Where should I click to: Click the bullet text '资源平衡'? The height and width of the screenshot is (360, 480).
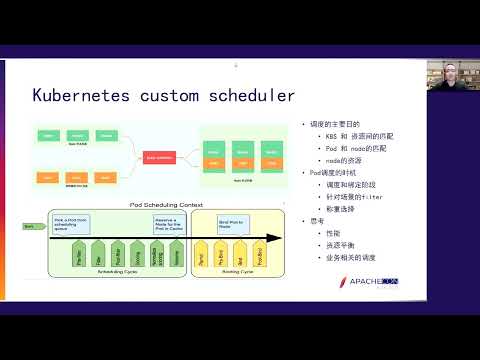340,246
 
